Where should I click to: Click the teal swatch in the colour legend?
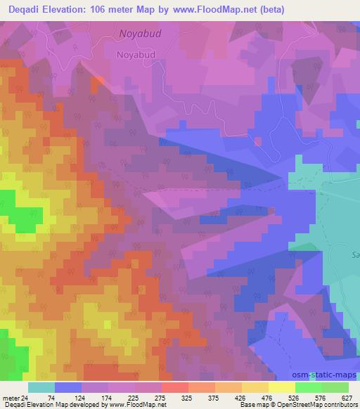coord(41,387)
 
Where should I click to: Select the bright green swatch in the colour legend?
coord(308,387)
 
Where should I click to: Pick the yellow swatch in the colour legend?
coord(281,387)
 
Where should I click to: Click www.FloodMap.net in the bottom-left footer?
coord(137,405)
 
